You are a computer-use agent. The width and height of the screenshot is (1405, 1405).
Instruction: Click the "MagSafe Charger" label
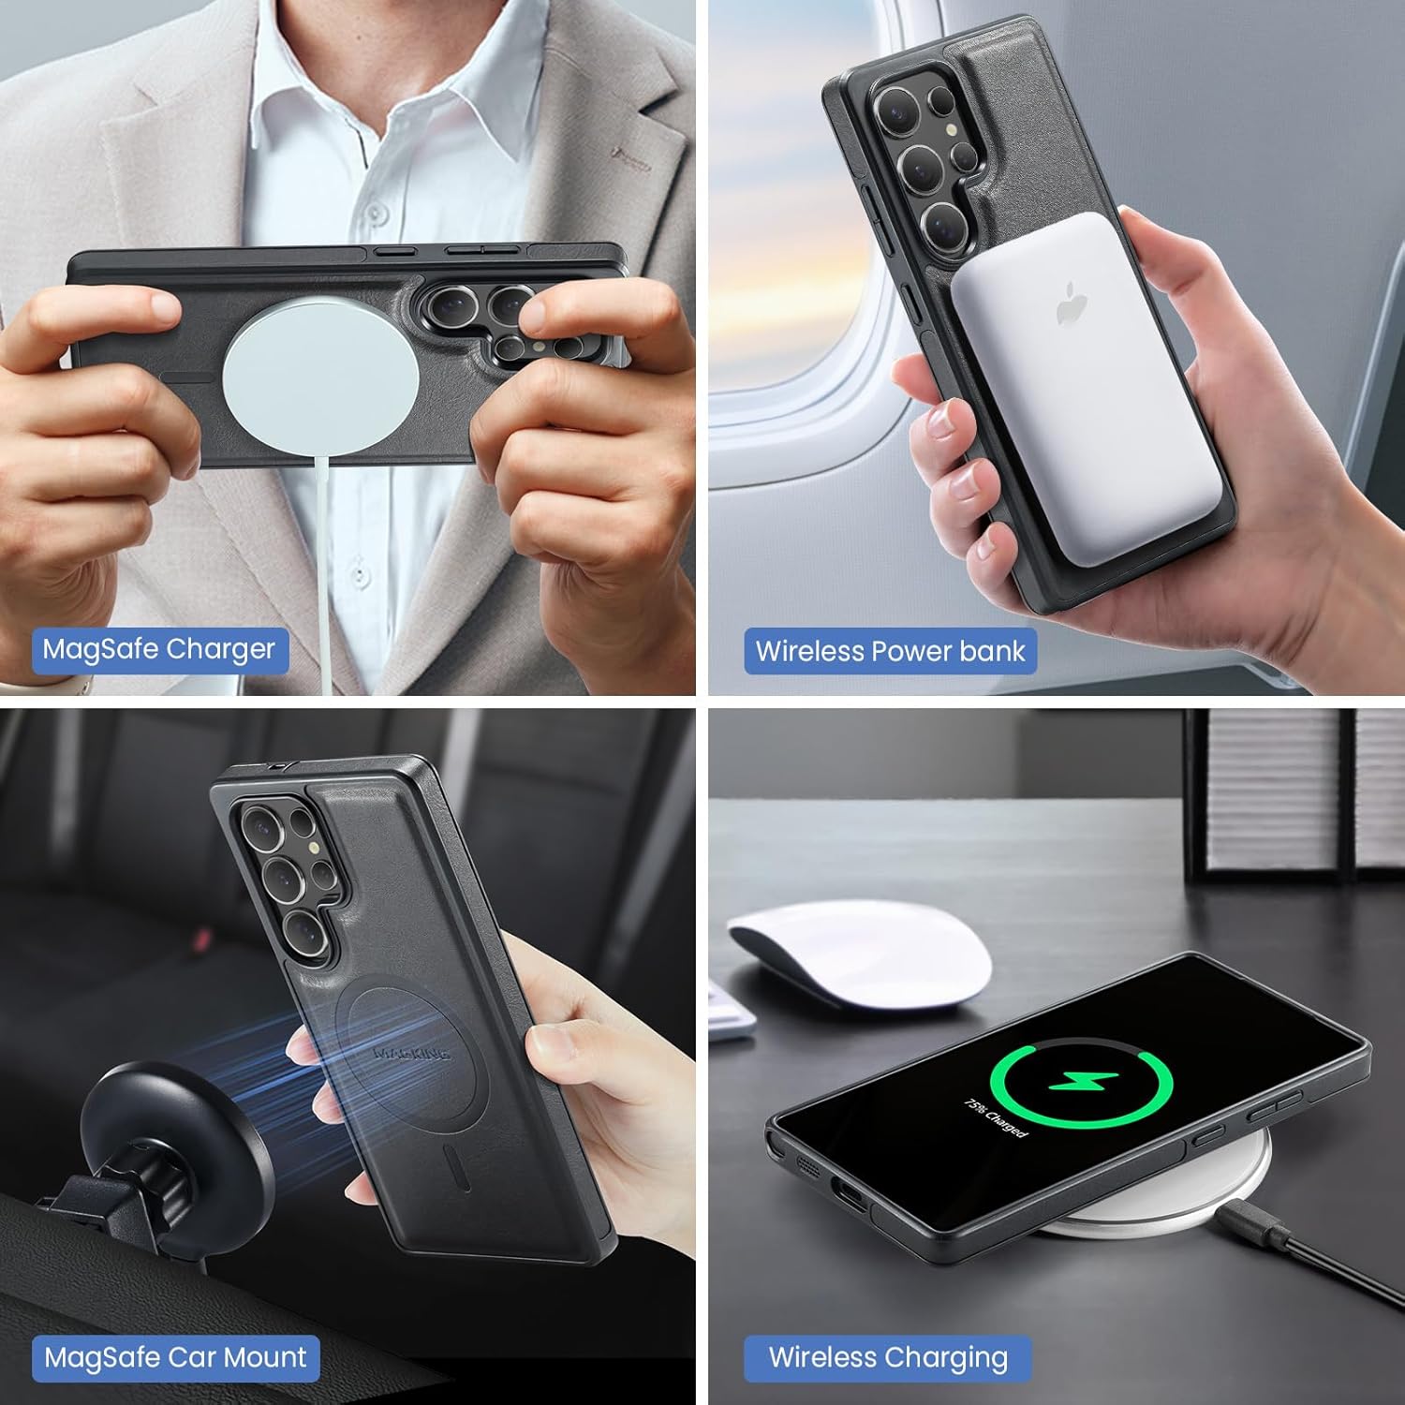click(158, 649)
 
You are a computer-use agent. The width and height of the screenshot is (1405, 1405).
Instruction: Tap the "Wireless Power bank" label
click(890, 651)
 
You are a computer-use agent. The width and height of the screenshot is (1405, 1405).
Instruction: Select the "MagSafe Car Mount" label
click(175, 1357)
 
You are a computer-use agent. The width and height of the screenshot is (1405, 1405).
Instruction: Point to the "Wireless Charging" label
click(888, 1357)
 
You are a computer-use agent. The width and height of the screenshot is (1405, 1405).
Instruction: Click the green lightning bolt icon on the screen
click(1082, 1086)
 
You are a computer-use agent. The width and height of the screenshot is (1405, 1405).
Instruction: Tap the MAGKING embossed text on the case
click(412, 1054)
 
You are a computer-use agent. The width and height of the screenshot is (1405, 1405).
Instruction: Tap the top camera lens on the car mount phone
click(259, 828)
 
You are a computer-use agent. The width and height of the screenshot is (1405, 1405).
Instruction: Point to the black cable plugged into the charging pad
click(1311, 1255)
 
